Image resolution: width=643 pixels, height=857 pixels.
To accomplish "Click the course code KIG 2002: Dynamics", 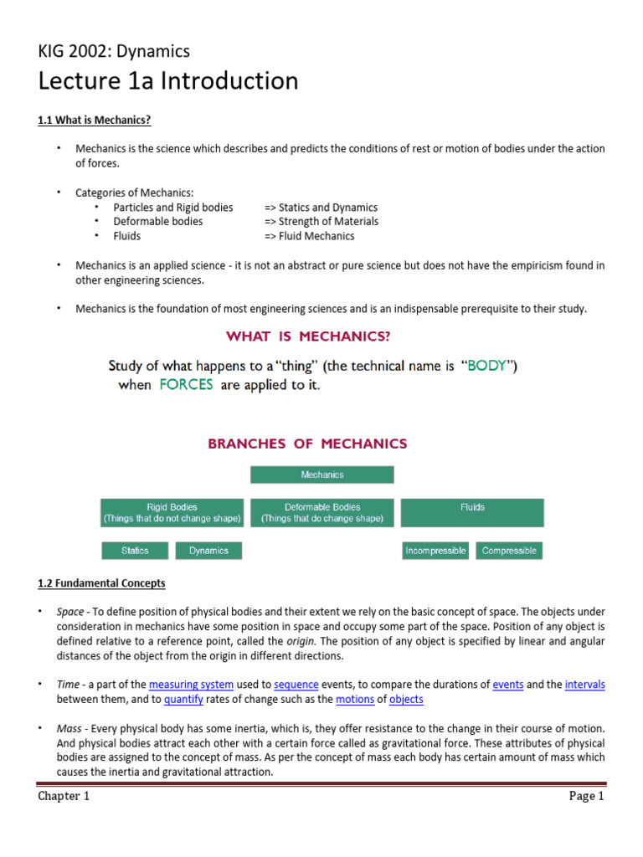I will click(x=114, y=51).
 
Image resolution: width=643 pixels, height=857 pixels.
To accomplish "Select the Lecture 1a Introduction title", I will click(x=167, y=81).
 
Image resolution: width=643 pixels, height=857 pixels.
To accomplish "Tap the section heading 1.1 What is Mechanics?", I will click(x=94, y=121).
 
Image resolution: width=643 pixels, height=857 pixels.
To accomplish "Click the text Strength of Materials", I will click(x=328, y=222).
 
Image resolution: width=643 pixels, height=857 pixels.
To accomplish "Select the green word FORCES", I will click(x=185, y=385).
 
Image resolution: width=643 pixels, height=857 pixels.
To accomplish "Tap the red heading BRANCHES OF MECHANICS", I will click(x=307, y=444).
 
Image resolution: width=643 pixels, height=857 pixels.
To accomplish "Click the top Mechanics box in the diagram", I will click(x=322, y=475).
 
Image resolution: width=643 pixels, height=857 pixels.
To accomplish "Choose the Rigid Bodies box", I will click(x=172, y=513).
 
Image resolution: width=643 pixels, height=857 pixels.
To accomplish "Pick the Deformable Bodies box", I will click(x=322, y=513).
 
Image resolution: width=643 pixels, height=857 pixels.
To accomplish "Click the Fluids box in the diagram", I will click(x=472, y=513).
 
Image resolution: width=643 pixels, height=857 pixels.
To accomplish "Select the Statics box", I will click(x=135, y=551).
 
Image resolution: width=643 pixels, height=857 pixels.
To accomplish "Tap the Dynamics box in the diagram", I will click(x=208, y=551).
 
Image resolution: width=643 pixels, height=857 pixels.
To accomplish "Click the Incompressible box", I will click(x=435, y=551).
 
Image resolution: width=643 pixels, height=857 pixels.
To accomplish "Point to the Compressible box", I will click(x=509, y=551).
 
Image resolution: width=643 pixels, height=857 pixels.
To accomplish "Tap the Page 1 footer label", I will click(x=586, y=797).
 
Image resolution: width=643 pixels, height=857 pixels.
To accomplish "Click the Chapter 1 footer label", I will click(x=64, y=797).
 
